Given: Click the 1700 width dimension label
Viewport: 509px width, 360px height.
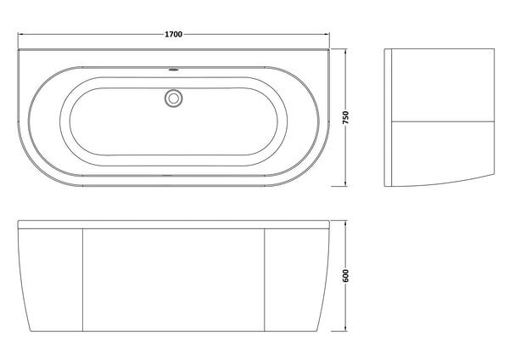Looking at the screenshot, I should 175,34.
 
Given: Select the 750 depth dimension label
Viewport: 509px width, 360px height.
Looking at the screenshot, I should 345,117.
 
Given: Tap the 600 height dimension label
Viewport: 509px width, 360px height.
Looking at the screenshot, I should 345,278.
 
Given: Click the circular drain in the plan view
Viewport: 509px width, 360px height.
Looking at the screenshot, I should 174,98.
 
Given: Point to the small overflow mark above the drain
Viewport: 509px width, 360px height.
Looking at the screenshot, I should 174,70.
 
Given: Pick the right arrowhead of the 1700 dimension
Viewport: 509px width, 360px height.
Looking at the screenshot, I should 328,35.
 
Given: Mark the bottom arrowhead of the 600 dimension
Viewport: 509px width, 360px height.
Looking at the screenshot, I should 347,329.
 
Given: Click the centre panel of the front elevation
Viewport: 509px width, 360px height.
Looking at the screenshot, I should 174,280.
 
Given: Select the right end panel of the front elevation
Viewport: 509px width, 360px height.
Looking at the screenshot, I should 297,280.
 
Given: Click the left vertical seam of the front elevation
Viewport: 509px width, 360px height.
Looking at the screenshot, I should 81,280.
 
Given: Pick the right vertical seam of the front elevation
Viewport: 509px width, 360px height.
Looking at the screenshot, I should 266,280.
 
